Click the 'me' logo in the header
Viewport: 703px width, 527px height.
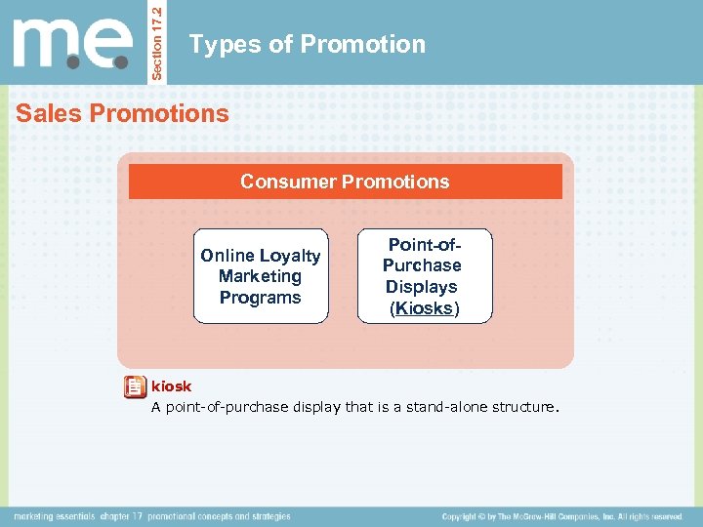point(72,43)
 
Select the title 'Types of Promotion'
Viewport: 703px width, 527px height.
point(307,45)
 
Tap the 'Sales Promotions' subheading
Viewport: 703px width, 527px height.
point(122,113)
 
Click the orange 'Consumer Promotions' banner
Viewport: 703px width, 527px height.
point(345,182)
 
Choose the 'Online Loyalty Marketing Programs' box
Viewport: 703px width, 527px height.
point(261,276)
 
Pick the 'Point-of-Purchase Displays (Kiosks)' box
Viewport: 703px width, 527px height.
point(424,276)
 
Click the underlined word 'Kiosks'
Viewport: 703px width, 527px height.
point(423,308)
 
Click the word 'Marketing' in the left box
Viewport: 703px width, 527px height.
point(261,276)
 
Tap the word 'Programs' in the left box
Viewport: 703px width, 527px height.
point(261,298)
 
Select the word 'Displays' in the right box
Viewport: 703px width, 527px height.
point(422,287)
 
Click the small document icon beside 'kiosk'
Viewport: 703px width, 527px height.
point(135,388)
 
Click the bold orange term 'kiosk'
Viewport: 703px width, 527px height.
point(172,386)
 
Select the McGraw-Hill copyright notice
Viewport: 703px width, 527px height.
point(561,516)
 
